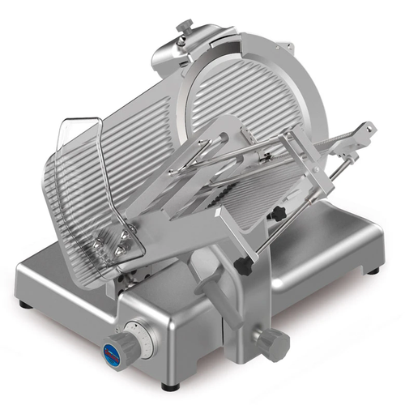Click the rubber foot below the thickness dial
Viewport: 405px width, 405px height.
(x=167, y=385)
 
